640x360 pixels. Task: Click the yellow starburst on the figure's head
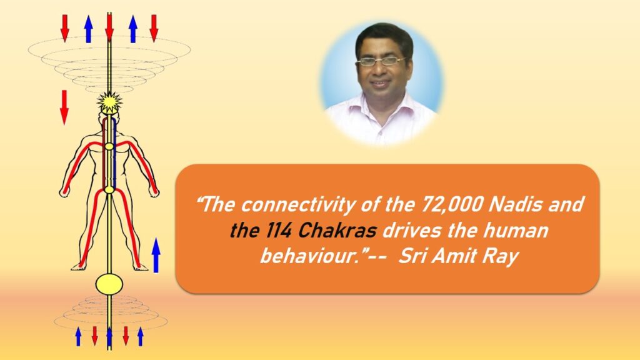pos(109,102)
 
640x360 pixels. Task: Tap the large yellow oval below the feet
pos(109,283)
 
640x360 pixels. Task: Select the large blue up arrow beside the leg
pos(156,255)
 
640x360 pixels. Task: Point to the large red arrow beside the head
pos(64,107)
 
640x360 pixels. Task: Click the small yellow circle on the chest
pos(109,146)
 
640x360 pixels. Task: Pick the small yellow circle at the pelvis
pos(109,189)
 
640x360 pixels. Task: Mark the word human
pos(516,231)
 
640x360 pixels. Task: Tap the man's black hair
pos(384,37)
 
